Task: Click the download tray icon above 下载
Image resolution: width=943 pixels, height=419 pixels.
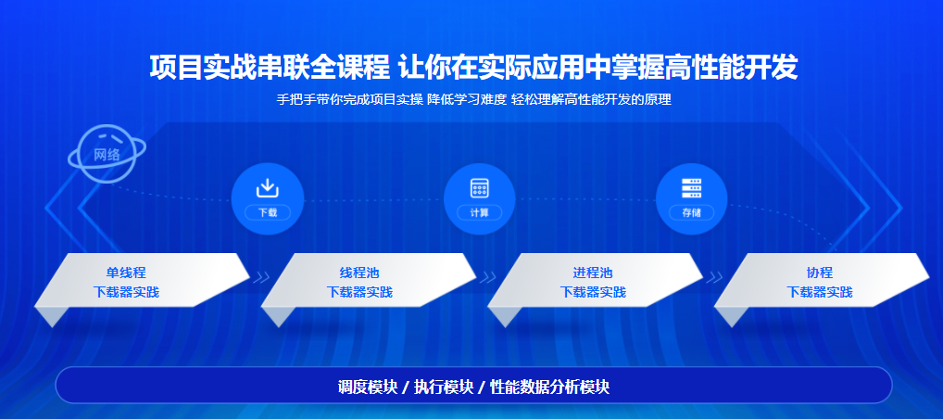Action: (x=268, y=188)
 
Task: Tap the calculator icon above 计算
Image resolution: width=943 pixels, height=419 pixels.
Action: (x=479, y=188)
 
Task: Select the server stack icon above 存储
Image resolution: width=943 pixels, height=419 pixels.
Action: (x=691, y=188)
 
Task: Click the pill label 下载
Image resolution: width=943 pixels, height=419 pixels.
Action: (x=268, y=212)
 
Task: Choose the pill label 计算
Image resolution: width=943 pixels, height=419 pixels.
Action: (x=479, y=212)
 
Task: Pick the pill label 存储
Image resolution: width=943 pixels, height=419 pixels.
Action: (x=692, y=212)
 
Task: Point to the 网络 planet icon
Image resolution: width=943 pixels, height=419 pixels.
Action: (x=107, y=153)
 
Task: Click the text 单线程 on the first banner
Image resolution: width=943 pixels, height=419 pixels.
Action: (x=126, y=273)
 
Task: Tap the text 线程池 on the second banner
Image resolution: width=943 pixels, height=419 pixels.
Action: (x=359, y=273)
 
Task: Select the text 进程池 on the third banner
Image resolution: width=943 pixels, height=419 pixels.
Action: (x=593, y=273)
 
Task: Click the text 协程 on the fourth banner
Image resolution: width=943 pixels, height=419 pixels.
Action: (x=820, y=273)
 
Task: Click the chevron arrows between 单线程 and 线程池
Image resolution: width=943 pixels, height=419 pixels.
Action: (x=261, y=277)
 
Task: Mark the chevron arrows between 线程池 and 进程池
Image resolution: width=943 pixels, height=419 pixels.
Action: (x=488, y=277)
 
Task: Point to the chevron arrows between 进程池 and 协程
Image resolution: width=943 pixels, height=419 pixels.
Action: (x=714, y=277)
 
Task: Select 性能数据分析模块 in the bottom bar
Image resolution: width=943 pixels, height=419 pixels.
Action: (x=549, y=387)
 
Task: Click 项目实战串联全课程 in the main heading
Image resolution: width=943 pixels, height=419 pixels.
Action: (x=270, y=68)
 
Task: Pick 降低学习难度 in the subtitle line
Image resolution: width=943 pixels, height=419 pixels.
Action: (x=467, y=99)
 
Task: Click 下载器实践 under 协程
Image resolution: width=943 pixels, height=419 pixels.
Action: (x=820, y=292)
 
